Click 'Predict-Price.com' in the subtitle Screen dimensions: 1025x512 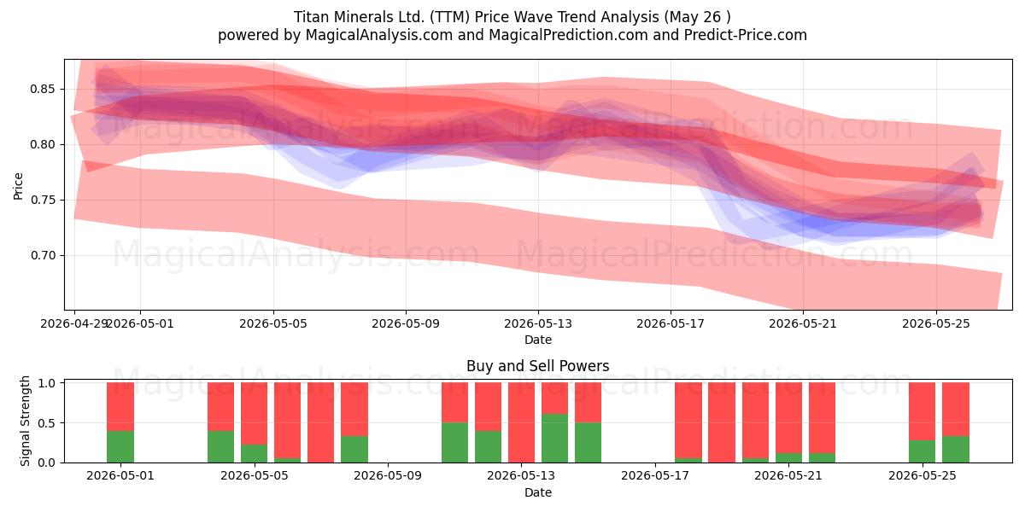pyautogui.click(x=746, y=35)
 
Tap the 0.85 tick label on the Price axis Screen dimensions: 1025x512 pyautogui.click(x=42, y=89)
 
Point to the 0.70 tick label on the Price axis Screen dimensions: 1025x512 pyautogui.click(x=42, y=255)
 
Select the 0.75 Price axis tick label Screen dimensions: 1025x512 pyautogui.click(x=42, y=200)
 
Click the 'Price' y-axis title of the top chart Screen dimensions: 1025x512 pyautogui.click(x=18, y=186)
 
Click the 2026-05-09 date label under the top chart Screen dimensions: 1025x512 pyautogui.click(x=406, y=323)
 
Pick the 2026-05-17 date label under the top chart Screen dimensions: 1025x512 pyautogui.click(x=671, y=323)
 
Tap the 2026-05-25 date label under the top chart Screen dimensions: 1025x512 pyautogui.click(x=936, y=323)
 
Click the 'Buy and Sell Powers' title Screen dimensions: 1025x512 pyautogui.click(x=537, y=366)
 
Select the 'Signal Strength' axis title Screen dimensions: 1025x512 pyautogui.click(x=25, y=421)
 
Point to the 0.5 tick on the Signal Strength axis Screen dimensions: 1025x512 pyautogui.click(x=47, y=423)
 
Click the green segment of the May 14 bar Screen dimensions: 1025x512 pyautogui.click(x=554, y=438)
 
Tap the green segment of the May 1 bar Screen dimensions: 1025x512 pyautogui.click(x=120, y=446)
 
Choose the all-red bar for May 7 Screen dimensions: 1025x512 pyautogui.click(x=321, y=422)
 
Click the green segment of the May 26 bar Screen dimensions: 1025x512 pyautogui.click(x=956, y=450)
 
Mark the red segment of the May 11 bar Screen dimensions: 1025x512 pyautogui.click(x=454, y=402)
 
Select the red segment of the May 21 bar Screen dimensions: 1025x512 pyautogui.click(x=789, y=418)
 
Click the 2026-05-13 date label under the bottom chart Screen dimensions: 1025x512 pyautogui.click(x=521, y=476)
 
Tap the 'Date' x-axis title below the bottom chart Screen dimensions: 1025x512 pyautogui.click(x=537, y=492)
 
